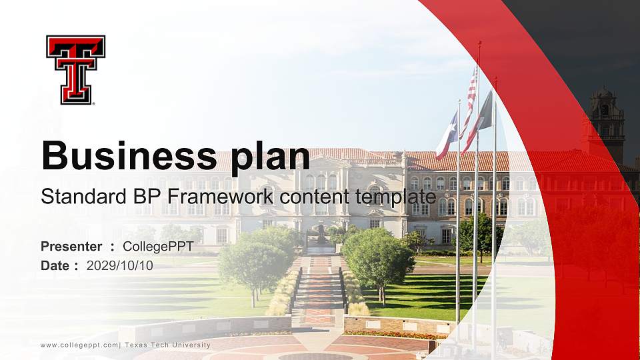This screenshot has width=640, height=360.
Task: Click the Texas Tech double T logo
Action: click(x=75, y=69)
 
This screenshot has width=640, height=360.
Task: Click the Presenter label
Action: click(x=71, y=247)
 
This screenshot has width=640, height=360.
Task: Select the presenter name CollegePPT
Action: click(x=158, y=247)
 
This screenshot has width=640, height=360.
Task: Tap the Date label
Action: click(x=55, y=265)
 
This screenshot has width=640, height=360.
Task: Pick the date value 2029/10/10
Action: click(x=119, y=265)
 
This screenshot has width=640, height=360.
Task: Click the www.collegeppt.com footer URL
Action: click(x=79, y=345)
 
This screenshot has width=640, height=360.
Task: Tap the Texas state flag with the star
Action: click(x=446, y=137)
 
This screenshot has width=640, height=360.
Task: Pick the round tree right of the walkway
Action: click(x=379, y=260)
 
